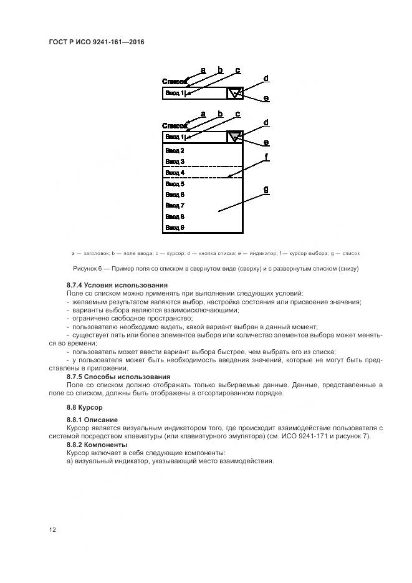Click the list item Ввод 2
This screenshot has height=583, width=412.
click(x=175, y=150)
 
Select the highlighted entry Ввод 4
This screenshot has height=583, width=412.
click(x=175, y=173)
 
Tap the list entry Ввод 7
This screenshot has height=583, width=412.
click(x=175, y=205)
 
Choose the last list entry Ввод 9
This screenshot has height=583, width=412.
click(x=175, y=228)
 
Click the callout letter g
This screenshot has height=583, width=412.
click(x=266, y=190)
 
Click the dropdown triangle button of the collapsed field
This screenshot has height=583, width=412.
click(x=234, y=94)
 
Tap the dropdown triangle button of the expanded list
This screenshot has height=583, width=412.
click(x=234, y=137)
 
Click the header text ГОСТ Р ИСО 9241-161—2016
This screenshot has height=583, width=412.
click(x=95, y=42)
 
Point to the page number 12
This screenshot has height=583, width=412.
click(x=53, y=529)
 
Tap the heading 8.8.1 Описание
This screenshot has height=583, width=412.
click(x=92, y=420)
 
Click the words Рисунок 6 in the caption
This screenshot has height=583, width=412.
click(x=90, y=269)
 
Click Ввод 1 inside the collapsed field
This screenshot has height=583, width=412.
click(x=175, y=94)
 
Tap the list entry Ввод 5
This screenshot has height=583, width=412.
click(x=175, y=184)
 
